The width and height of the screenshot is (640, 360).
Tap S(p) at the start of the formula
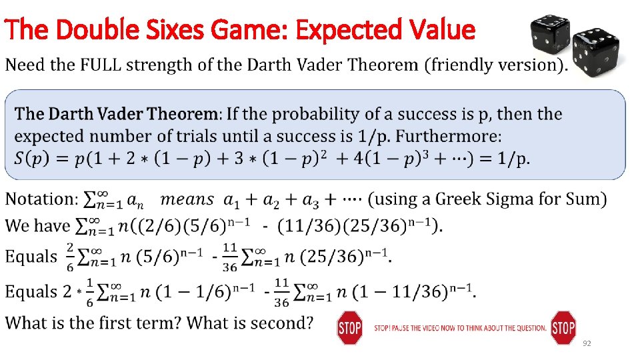33,159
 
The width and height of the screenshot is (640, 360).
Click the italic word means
187,199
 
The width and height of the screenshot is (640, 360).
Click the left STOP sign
349,327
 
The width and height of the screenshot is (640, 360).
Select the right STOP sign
563,327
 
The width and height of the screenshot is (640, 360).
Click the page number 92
587,343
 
